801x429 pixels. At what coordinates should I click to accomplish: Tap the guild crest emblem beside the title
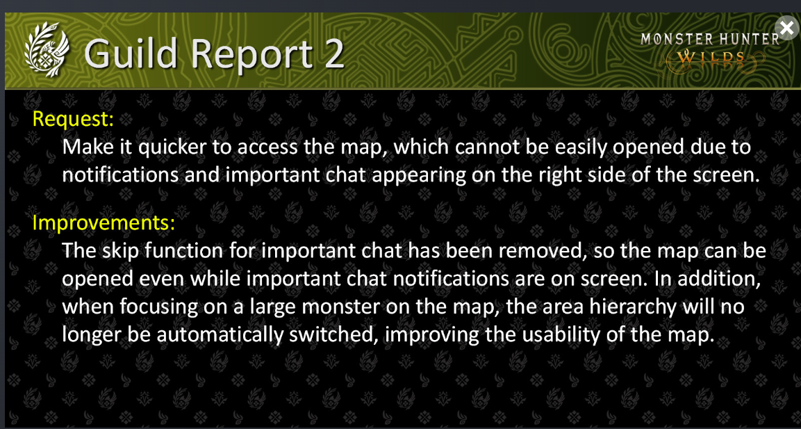pos(47,52)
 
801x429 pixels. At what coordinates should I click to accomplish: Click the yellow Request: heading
pos(73,119)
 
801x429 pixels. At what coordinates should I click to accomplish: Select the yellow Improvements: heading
pos(104,223)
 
